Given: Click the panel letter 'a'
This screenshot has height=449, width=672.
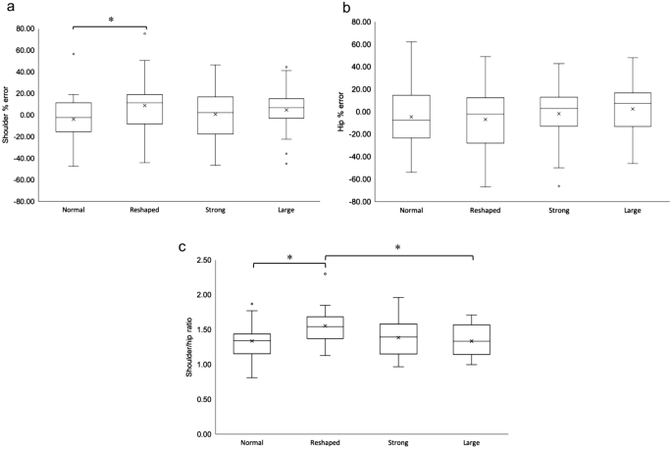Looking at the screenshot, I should pos(7,8).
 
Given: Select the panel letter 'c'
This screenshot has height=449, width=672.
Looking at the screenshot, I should pos(181,248).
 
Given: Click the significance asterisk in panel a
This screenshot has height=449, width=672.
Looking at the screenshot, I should pos(110,19).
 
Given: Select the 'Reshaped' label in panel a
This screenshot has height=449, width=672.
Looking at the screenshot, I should pos(144,210).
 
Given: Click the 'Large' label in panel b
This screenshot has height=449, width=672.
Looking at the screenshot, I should pos(633,210).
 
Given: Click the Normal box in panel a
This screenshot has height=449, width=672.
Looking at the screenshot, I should pos(73,117).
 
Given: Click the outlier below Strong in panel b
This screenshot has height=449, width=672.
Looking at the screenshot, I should pos(559,186).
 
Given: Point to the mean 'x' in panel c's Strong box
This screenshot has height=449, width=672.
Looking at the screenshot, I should pos(398,337).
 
